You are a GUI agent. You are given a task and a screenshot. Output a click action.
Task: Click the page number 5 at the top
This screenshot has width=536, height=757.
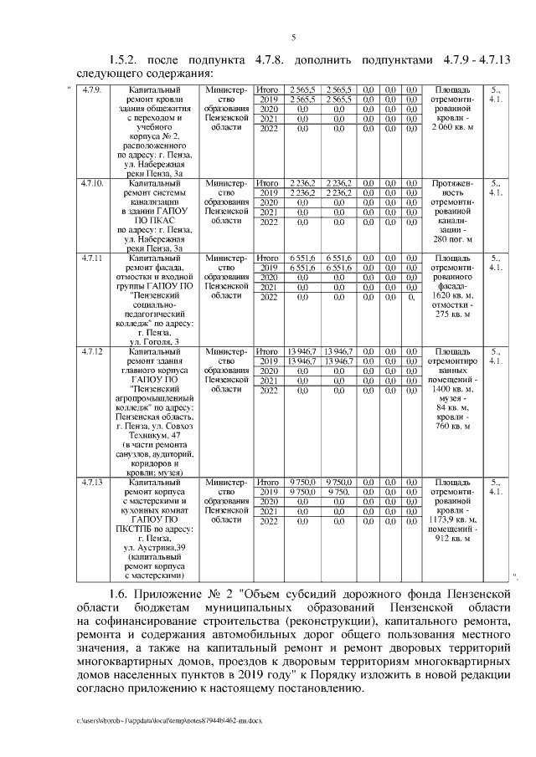[x=294, y=37]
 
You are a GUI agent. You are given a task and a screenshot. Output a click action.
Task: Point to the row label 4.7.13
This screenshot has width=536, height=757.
[x=92, y=483]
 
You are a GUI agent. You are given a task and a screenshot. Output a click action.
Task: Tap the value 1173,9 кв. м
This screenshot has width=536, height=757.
[x=452, y=519]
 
